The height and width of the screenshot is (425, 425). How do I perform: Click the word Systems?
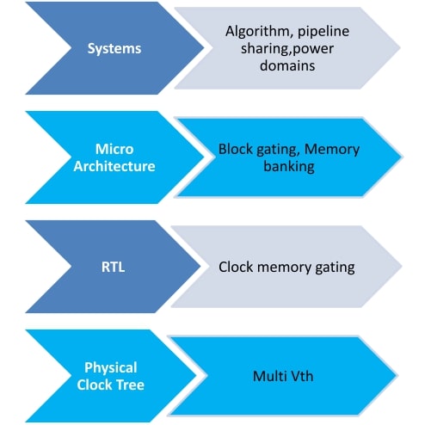coord(114,49)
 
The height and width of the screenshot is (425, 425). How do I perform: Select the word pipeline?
coord(323,32)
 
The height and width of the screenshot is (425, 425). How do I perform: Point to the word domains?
coord(287,65)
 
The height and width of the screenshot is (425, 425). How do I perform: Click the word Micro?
coord(114,149)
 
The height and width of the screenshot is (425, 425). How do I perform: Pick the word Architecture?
coord(114,166)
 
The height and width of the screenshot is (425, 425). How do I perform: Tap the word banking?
coord(289,167)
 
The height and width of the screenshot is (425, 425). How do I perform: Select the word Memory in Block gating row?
coord(332,150)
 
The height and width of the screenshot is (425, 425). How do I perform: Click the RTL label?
coord(113,267)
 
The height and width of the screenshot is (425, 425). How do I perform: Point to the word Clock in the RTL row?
coord(236,267)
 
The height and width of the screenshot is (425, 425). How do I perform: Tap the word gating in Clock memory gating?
coord(335,268)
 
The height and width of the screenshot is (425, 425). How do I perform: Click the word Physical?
coord(111,368)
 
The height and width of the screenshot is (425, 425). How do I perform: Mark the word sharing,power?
coord(287,49)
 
